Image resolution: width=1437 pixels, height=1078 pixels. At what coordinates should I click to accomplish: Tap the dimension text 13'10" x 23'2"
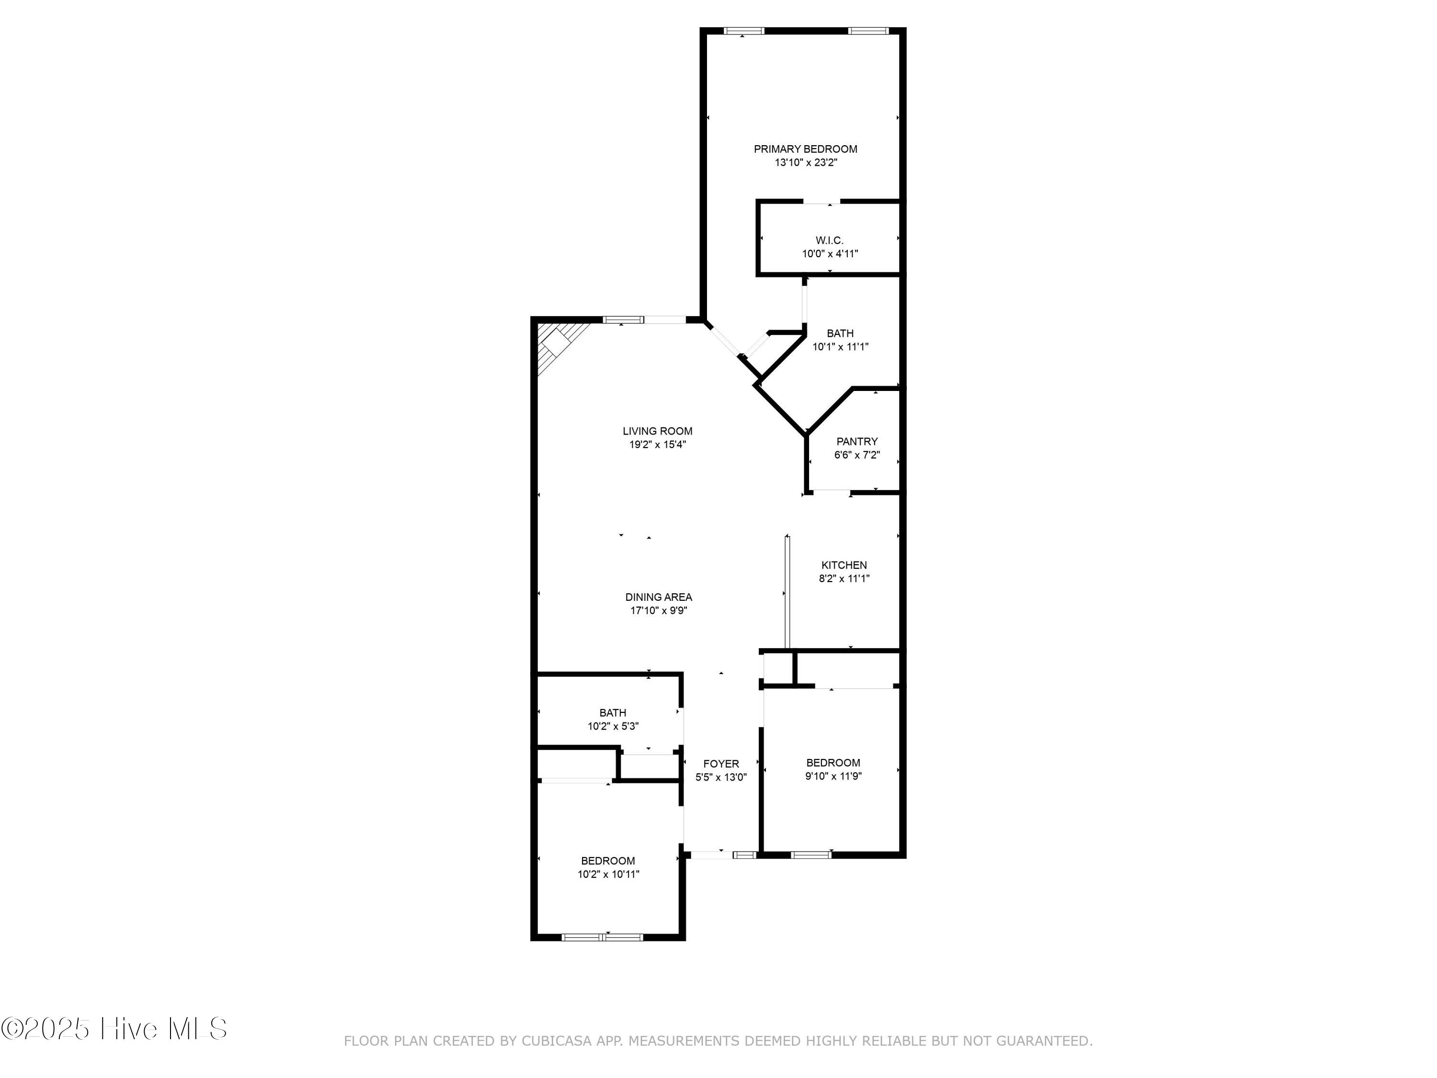tap(806, 162)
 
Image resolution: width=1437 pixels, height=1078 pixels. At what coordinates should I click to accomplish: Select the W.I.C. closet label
tap(830, 241)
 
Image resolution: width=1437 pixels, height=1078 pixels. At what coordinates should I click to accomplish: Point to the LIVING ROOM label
tap(658, 431)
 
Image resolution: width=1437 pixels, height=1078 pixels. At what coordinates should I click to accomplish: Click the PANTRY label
tap(857, 441)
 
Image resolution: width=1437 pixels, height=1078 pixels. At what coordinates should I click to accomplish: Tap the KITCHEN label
tap(844, 565)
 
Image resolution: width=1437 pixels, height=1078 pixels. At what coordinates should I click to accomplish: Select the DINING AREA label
tap(659, 596)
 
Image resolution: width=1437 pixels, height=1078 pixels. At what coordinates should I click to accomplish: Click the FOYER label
tap(720, 764)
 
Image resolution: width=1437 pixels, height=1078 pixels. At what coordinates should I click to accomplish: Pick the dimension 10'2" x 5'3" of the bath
tap(613, 726)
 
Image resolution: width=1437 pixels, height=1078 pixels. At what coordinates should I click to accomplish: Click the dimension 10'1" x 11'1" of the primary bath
tap(840, 347)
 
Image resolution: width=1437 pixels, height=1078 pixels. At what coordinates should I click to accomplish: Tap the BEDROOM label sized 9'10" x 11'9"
tap(833, 762)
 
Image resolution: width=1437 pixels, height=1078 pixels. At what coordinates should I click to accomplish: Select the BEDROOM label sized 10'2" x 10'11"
tap(607, 860)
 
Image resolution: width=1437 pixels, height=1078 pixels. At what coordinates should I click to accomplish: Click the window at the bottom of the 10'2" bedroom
tap(602, 937)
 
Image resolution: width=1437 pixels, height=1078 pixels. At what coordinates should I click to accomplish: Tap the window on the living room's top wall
tap(623, 319)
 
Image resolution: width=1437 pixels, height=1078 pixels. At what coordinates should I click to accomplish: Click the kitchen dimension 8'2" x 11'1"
tap(844, 578)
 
